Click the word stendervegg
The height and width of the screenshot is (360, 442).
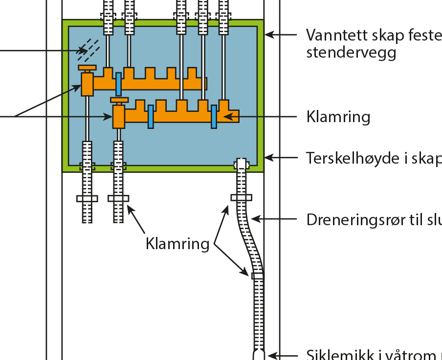[x=351, y=52]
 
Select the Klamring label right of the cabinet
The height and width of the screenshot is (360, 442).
[x=338, y=117]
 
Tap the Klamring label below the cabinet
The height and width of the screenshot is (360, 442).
[x=177, y=243]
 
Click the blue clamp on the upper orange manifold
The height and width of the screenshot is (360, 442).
[x=118, y=84]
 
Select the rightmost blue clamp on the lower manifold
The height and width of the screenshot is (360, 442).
[x=214, y=117]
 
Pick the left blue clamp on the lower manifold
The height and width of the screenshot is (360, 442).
[x=151, y=117]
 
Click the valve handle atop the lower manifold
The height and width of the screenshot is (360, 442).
[x=119, y=100]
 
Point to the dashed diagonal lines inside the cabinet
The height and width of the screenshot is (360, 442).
[x=89, y=47]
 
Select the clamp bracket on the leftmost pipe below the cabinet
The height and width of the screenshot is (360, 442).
[x=87, y=198]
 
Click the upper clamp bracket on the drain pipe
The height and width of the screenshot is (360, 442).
[x=241, y=197]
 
